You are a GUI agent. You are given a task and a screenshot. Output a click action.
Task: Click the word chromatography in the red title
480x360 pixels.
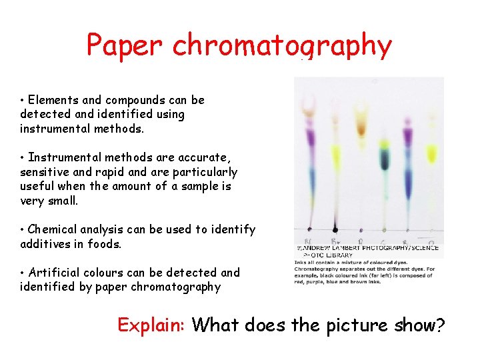282,47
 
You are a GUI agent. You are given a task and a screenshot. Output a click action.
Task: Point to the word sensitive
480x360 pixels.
46,172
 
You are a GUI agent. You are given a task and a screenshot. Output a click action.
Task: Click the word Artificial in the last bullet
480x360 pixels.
55,273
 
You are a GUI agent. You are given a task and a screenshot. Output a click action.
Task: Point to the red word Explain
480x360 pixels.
151,325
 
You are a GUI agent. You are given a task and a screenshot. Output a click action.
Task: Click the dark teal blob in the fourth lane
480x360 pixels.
385,159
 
